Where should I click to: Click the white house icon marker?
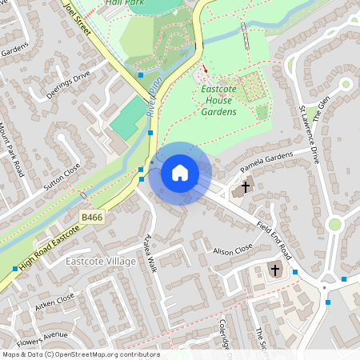tap(180, 172)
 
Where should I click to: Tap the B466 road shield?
tap(91, 217)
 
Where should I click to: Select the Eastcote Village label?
tap(101, 262)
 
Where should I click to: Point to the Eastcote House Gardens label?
tap(218, 101)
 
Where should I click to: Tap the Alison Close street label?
tap(233, 250)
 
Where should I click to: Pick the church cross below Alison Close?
tap(275, 270)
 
